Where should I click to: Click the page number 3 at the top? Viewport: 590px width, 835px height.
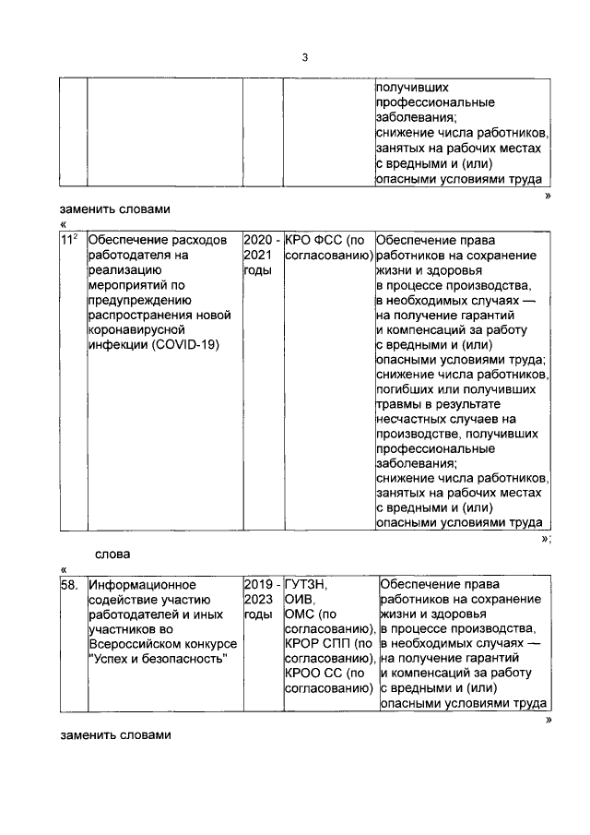(x=304, y=58)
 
